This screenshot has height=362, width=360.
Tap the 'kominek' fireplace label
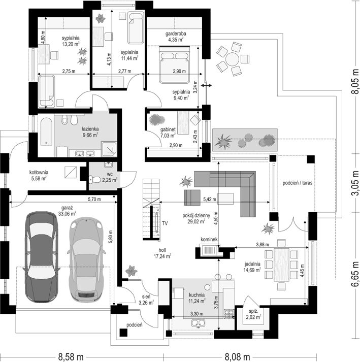tap(209, 240)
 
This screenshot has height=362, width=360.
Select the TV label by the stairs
tap(165, 223)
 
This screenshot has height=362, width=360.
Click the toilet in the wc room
tap(94, 179)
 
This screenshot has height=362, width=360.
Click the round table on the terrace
tap(233, 59)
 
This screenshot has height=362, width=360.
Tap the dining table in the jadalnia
tap(281, 265)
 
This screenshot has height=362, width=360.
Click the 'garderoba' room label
tap(176, 34)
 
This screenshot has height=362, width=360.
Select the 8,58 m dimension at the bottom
tap(71, 357)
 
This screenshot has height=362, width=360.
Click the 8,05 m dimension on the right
tap(355, 81)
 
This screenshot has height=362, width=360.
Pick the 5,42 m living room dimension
tap(209, 199)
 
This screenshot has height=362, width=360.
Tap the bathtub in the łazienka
tap(46, 131)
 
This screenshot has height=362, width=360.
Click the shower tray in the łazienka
tap(109, 149)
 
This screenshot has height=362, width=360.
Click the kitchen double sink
tap(198, 323)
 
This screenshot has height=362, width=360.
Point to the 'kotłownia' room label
tap(39, 172)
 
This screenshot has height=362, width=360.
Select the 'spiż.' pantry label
tap(253, 311)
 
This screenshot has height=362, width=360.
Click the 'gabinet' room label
tap(168, 129)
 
